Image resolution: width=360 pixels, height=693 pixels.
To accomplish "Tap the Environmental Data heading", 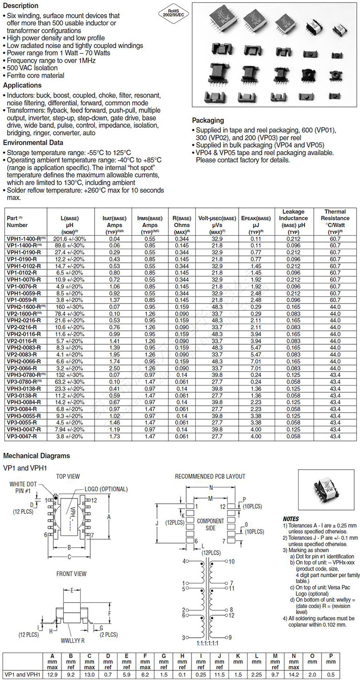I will pos(33,143).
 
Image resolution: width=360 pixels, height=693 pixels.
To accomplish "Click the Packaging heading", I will pos(208,121).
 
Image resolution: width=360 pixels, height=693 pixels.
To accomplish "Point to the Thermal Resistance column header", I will pos(335,218).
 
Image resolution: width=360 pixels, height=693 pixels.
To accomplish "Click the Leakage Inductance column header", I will pos(293,218).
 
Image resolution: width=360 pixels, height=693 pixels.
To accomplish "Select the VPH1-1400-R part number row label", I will pos(26,239).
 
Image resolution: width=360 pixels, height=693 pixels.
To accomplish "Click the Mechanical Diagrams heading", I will pos(36,456).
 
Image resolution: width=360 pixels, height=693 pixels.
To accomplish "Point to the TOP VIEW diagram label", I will pos(68,476).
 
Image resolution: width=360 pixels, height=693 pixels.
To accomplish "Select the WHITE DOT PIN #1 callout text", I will pos(23,487).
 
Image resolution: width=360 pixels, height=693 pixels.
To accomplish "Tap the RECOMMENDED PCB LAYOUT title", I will pos(210,476).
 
